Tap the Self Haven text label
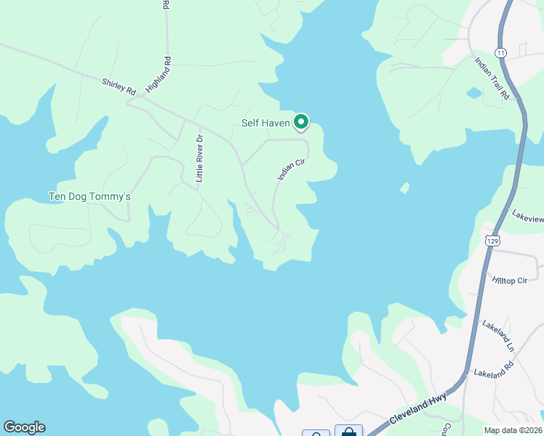pyautogui.click(x=265, y=124)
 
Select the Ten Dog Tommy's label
pyautogui.click(x=89, y=196)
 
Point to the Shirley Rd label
pyautogui.click(x=119, y=88)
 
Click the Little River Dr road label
pyautogui.click(x=199, y=158)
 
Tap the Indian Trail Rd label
pyautogui.click(x=492, y=78)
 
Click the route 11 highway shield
pyautogui.click(x=500, y=53)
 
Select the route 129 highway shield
pyautogui.click(x=492, y=240)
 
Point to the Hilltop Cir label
pyautogui.click(x=509, y=280)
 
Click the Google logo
pyautogui.click(x=24, y=427)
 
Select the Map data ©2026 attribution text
pyautogui.click(x=512, y=430)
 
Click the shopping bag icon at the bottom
pyautogui.click(x=348, y=432)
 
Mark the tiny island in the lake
pyautogui.click(x=404, y=189)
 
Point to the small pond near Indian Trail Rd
pyautogui.click(x=474, y=93)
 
